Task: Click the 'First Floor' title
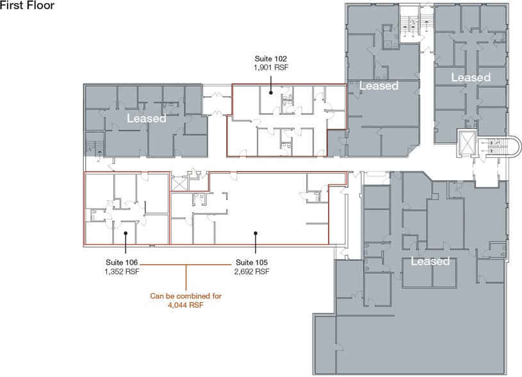(x=27, y=5)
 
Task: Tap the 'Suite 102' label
(x=271, y=59)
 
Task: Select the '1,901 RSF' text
(x=271, y=67)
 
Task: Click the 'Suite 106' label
(x=122, y=262)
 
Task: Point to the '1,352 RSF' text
(x=122, y=271)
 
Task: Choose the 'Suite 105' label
(x=252, y=262)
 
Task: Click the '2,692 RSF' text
(x=252, y=271)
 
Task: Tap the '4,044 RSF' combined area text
(x=186, y=305)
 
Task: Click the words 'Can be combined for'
(x=186, y=296)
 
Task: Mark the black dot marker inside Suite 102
(x=271, y=93)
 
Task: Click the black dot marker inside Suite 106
(x=126, y=233)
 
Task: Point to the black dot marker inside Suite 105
(x=256, y=233)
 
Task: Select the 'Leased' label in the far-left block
(x=147, y=119)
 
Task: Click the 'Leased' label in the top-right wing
(x=471, y=78)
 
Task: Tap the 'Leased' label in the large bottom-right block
(x=430, y=261)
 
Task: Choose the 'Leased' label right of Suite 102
(x=379, y=86)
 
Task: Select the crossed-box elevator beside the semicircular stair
(x=467, y=144)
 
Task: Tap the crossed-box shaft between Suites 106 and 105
(x=177, y=184)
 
